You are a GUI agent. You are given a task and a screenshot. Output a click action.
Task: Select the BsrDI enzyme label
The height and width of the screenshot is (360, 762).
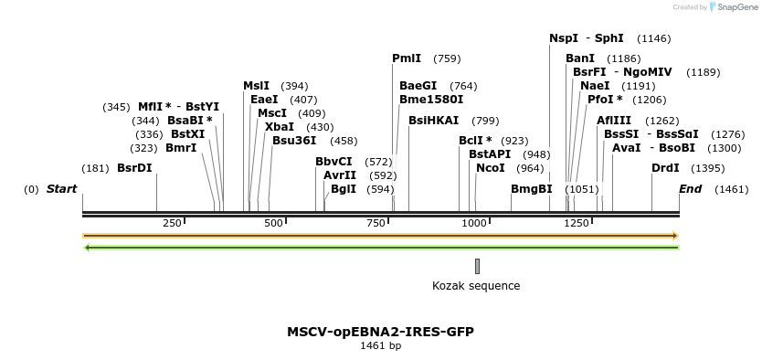pyautogui.click(x=134, y=168)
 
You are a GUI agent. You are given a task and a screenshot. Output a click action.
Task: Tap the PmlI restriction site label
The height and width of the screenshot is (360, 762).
pyautogui.click(x=407, y=58)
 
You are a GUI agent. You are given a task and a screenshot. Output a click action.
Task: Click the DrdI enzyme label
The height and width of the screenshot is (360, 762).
pyautogui.click(x=665, y=168)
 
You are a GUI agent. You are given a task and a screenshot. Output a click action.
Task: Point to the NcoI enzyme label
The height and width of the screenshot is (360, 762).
pyautogui.click(x=491, y=168)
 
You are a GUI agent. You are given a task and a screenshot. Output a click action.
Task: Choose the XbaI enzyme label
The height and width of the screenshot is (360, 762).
pyautogui.click(x=280, y=127)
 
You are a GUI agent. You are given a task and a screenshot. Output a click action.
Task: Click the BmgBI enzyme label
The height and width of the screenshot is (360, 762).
pyautogui.click(x=532, y=189)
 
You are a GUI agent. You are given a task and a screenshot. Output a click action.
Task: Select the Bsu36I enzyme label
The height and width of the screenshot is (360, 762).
pyautogui.click(x=294, y=141)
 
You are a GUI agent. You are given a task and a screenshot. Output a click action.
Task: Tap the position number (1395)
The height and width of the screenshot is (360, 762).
pyautogui.click(x=708, y=168)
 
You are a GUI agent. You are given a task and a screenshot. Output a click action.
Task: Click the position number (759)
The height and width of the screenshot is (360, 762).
pyautogui.click(x=447, y=58)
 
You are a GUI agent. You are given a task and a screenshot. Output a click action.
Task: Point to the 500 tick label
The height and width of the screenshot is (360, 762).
pyautogui.click(x=273, y=224)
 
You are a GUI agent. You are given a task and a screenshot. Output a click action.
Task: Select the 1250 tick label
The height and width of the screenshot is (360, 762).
pyautogui.click(x=576, y=224)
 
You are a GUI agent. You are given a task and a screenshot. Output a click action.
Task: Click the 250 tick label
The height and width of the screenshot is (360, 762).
pyautogui.click(x=172, y=224)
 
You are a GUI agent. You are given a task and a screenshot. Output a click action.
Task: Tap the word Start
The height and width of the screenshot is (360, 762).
pyautogui.click(x=62, y=189)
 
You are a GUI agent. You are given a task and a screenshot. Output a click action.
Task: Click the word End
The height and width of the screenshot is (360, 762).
pyautogui.click(x=691, y=189)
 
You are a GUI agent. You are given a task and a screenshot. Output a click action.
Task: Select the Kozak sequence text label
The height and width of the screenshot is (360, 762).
pyautogui.click(x=476, y=286)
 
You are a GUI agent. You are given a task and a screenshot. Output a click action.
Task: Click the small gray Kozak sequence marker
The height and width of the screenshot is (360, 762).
pyautogui.click(x=477, y=266)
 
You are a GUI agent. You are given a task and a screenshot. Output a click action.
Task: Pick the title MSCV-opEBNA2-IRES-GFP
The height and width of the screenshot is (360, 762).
pyautogui.click(x=380, y=332)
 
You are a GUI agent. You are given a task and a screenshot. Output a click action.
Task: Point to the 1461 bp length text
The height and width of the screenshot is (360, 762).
pyautogui.click(x=380, y=346)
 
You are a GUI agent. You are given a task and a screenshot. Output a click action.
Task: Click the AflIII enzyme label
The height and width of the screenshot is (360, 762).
pyautogui.click(x=614, y=121)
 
